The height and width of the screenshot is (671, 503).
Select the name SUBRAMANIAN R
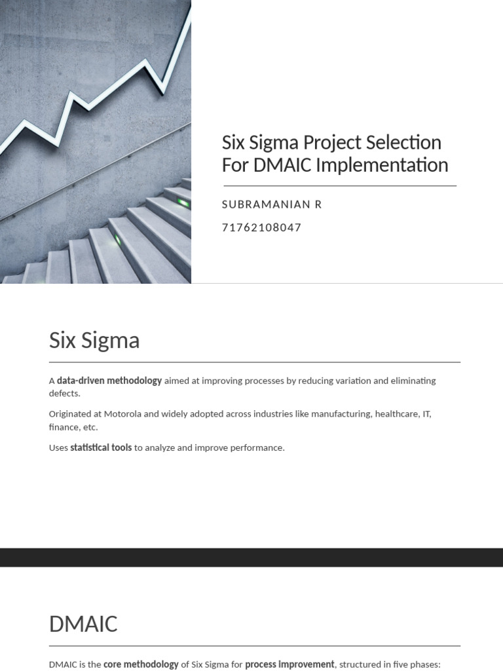point(272,204)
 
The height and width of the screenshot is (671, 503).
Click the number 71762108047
point(261,228)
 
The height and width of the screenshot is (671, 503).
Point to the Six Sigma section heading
point(94,341)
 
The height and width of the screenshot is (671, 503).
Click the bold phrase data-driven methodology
point(109,381)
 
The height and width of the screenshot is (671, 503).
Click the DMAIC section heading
point(83,624)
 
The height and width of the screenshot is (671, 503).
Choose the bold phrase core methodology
point(141,664)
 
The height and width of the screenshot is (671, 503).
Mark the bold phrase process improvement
point(289,664)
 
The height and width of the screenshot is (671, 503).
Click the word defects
point(64,394)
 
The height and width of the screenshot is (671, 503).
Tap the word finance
point(63,427)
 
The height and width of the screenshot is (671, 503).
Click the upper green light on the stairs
point(183,203)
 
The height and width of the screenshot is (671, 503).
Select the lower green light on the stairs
point(118,240)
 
